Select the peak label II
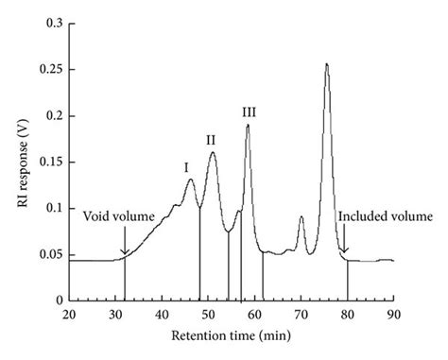point(211,140)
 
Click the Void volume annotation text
point(119,216)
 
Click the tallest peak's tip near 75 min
point(326,64)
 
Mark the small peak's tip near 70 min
point(301,217)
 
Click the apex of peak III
point(248,125)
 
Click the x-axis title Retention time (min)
point(231,336)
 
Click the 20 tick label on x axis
point(69,314)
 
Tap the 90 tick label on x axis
point(393,314)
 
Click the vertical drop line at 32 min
point(125,280)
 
